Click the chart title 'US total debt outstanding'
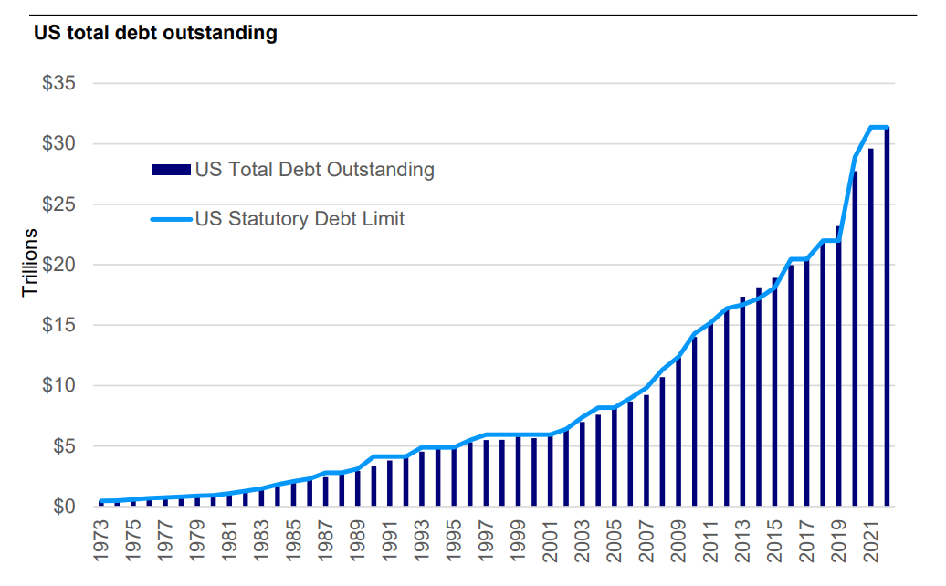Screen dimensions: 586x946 click(x=155, y=35)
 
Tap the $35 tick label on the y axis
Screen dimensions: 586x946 click(x=60, y=84)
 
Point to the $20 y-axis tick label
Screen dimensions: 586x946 click(x=60, y=265)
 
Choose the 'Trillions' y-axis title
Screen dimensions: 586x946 click(x=30, y=263)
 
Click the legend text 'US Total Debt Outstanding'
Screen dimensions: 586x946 click(x=314, y=170)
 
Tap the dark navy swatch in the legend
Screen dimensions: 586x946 click(x=171, y=170)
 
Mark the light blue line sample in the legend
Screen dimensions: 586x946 click(x=171, y=219)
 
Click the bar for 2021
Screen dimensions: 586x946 click(x=871, y=328)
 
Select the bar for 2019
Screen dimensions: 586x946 click(x=838, y=366)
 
